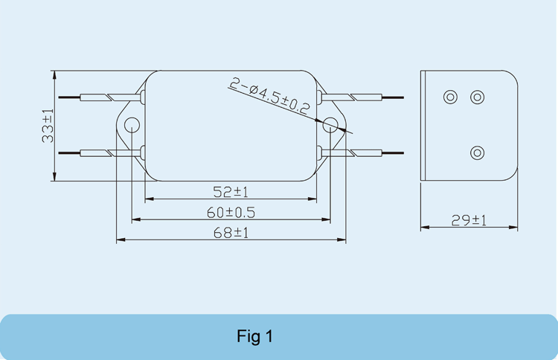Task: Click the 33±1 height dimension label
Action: point(48,126)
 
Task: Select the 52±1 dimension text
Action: point(231,192)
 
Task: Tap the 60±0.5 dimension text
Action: point(231,213)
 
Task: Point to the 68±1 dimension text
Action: point(231,233)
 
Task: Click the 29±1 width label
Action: point(469,221)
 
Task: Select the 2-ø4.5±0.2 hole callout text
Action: point(270,96)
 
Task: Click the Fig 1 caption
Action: point(254,336)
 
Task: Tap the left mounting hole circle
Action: point(132,125)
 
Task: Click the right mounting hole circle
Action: point(330,125)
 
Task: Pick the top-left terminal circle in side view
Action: point(450,97)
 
